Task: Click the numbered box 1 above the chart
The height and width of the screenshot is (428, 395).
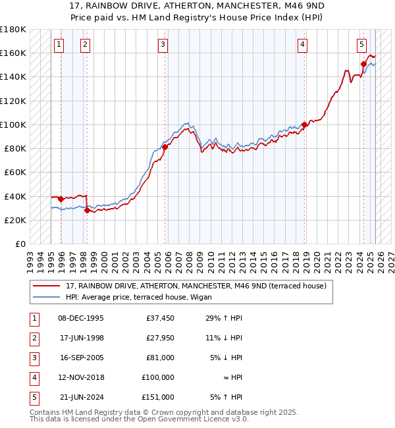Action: point(59,45)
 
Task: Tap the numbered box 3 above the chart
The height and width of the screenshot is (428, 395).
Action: point(162,45)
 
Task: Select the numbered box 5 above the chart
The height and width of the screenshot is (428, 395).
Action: point(362,45)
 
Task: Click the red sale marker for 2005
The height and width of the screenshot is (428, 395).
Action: point(165,147)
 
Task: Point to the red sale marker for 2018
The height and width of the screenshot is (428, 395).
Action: point(304,124)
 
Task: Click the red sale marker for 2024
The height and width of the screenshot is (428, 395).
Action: point(363,64)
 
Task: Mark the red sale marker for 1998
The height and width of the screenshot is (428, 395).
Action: point(87,211)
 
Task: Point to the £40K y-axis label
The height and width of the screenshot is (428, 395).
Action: point(14,196)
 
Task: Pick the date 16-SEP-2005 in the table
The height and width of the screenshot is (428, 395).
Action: point(81,358)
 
